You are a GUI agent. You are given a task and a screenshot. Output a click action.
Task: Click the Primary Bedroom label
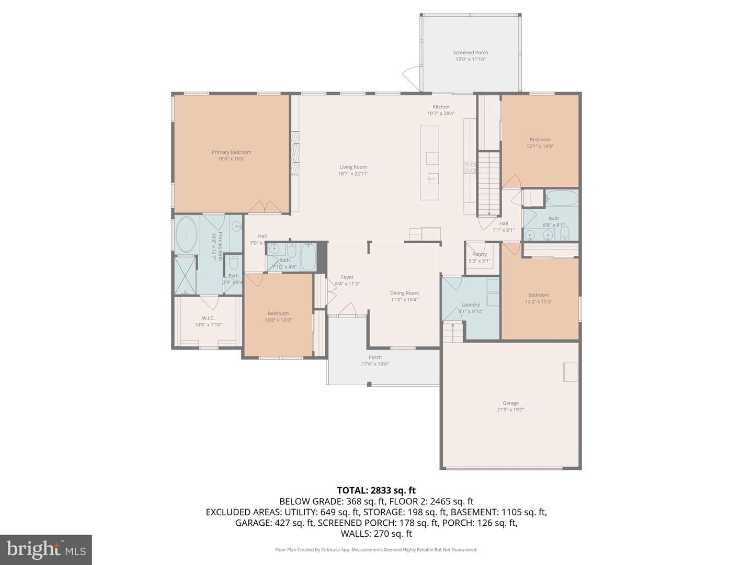point(231,152)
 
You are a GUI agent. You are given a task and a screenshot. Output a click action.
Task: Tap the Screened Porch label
point(470,52)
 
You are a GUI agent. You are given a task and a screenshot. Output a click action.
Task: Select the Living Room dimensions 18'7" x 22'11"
point(353,174)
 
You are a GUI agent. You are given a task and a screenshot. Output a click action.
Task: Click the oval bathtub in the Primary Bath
point(186,235)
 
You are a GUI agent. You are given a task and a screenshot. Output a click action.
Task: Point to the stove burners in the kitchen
point(470,167)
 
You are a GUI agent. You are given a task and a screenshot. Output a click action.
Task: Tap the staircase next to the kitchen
point(489,183)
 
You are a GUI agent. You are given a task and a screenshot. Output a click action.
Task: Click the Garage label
point(510,403)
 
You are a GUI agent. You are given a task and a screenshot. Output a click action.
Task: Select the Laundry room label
point(471,304)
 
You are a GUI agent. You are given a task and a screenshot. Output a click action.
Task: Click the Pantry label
point(480,254)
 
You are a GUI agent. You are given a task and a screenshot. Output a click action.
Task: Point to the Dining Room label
point(404,293)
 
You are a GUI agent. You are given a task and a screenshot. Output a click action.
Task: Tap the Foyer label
point(347,277)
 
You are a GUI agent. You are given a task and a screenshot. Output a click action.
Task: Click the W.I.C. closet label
point(208,318)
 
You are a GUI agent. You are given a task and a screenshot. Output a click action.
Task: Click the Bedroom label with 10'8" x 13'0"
point(278,313)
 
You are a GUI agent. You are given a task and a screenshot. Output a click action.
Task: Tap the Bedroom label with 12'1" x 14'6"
point(540,140)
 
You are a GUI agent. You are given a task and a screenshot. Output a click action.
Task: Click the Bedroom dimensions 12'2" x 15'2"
point(539,301)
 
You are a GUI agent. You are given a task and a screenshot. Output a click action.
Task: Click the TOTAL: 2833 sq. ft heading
point(376,490)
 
